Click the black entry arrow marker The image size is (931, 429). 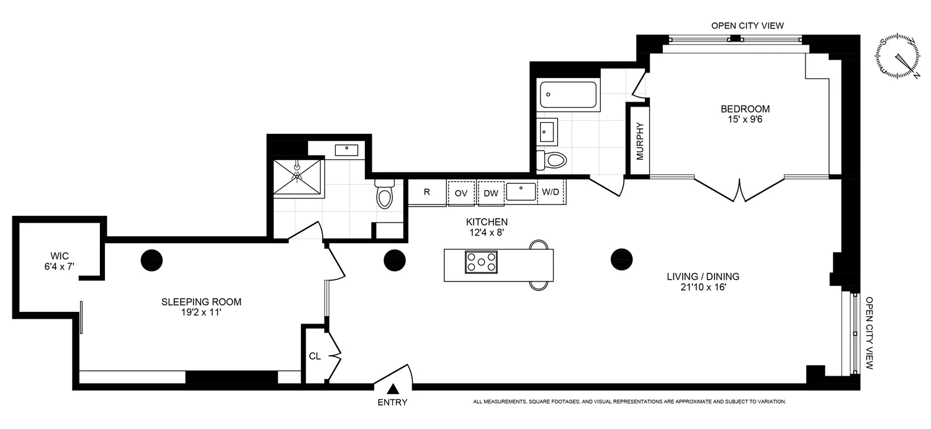[393, 389]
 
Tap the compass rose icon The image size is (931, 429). [898, 58]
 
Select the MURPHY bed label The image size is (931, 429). [640, 142]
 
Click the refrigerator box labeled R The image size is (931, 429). [426, 192]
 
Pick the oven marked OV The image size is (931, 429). [461, 193]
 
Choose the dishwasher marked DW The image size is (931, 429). [491, 193]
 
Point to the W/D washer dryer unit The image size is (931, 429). [551, 192]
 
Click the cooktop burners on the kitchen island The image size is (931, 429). [481, 262]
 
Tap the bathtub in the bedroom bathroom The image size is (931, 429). [568, 95]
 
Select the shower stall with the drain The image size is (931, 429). [299, 177]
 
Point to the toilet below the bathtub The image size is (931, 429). [553, 161]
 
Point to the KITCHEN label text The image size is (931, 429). [487, 221]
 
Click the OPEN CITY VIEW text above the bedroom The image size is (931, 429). [747, 25]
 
